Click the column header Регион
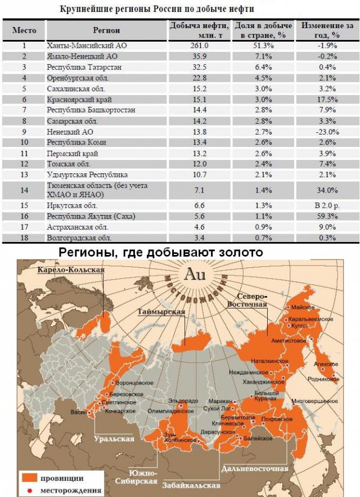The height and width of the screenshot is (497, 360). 107,29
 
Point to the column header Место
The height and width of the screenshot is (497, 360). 24,29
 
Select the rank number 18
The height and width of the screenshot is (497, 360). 24,237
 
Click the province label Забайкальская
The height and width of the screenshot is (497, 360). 191,485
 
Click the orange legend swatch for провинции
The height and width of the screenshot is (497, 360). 30,478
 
